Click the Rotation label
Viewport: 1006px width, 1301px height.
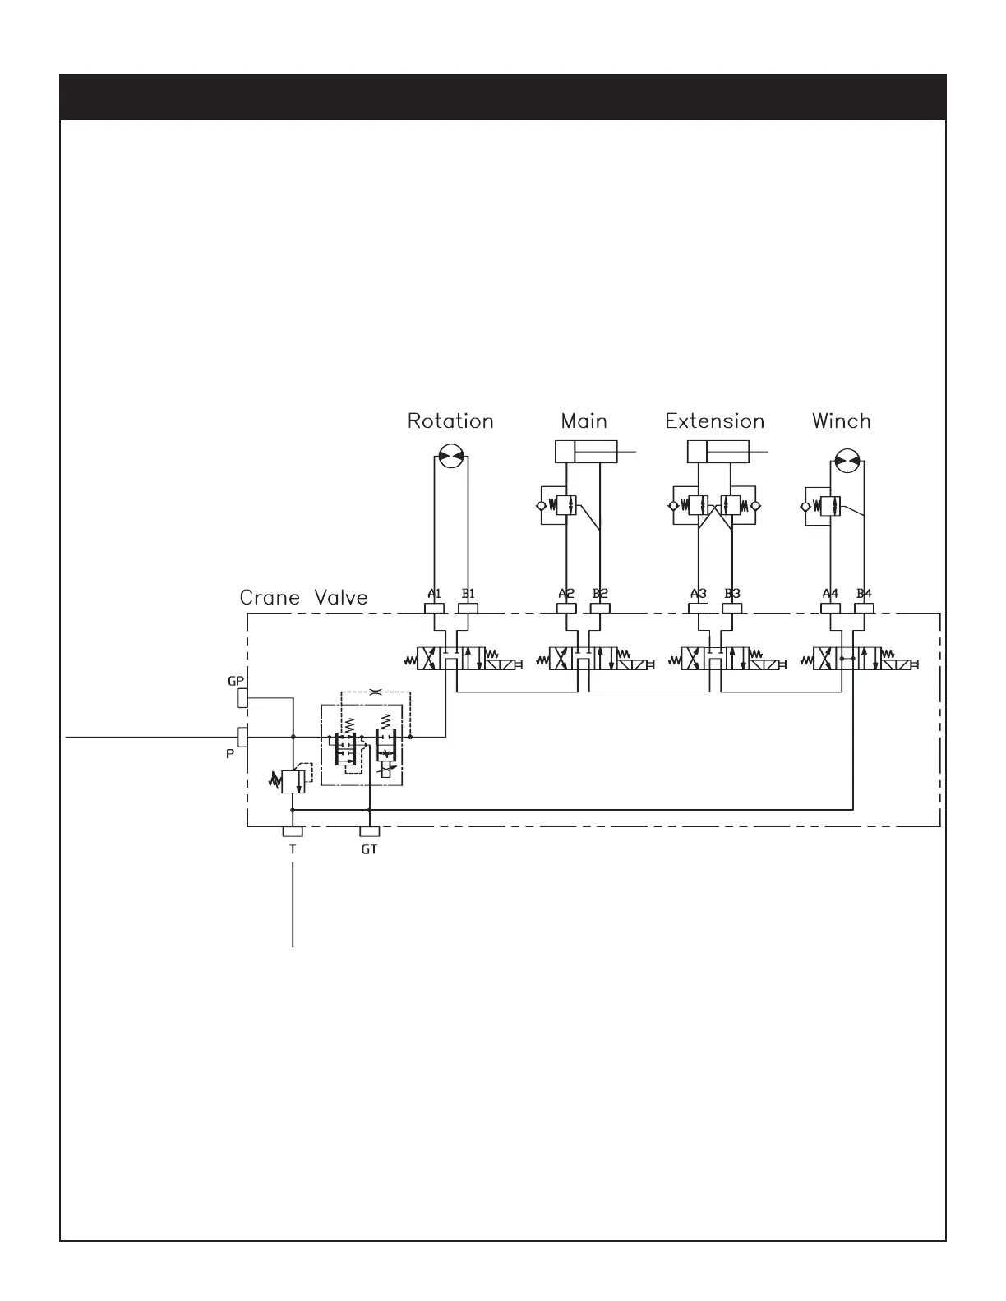point(450,422)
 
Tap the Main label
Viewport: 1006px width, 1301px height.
point(584,421)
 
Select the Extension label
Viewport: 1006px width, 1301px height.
point(715,422)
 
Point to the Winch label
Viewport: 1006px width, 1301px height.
point(841,421)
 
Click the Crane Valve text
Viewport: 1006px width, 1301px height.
point(303,597)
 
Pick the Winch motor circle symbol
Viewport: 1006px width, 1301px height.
point(847,460)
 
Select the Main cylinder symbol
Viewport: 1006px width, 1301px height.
point(585,452)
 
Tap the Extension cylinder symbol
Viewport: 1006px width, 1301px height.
point(717,452)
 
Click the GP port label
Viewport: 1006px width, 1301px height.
point(236,681)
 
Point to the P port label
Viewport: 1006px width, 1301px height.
point(231,752)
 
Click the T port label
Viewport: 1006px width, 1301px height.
point(293,850)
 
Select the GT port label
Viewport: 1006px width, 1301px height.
point(369,850)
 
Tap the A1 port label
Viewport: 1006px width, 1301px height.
point(435,593)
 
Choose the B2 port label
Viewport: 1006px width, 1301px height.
point(600,593)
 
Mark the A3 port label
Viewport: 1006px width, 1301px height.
point(699,593)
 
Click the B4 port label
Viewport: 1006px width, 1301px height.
point(864,593)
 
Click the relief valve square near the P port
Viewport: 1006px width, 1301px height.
point(293,781)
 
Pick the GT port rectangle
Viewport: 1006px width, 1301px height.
point(369,833)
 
